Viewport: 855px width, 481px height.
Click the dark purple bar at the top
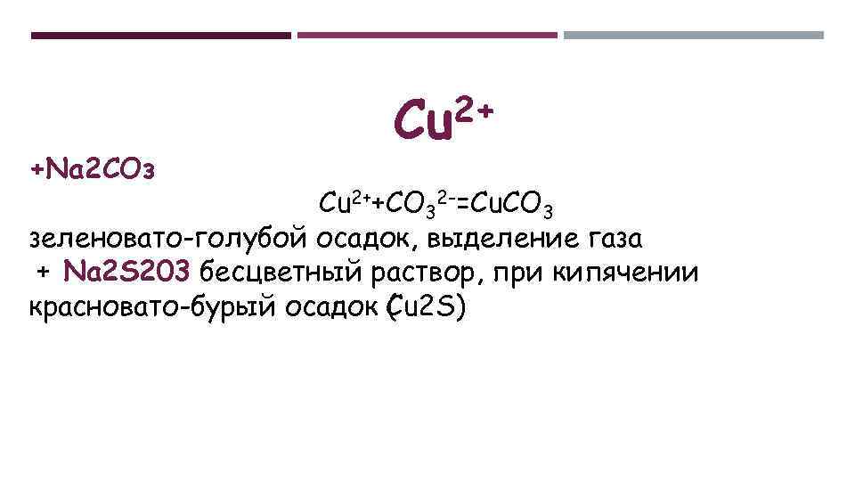(x=160, y=36)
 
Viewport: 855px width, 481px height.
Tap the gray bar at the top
(x=694, y=36)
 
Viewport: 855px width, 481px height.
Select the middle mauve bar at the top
(x=427, y=36)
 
